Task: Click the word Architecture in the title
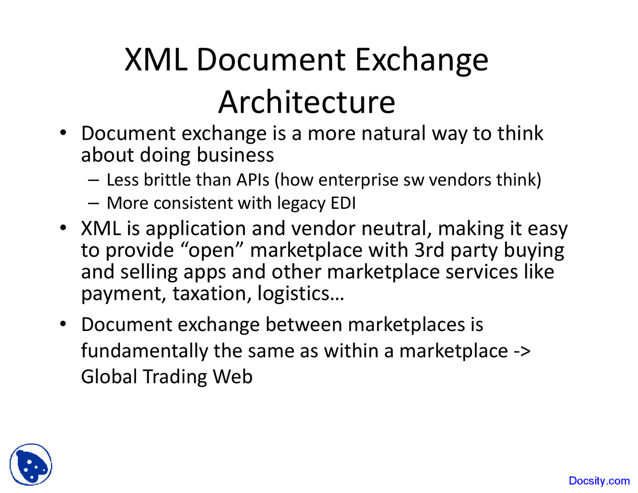pyautogui.click(x=307, y=102)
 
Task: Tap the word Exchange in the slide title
pyautogui.click(x=422, y=60)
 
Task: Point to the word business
pyautogui.click(x=235, y=155)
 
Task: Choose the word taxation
pyautogui.click(x=211, y=293)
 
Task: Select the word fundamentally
pyautogui.click(x=144, y=351)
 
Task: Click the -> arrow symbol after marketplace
pyautogui.click(x=522, y=351)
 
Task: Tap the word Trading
pyautogui.click(x=174, y=376)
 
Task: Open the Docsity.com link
pyautogui.click(x=599, y=481)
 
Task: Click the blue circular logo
pyautogui.click(x=31, y=465)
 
